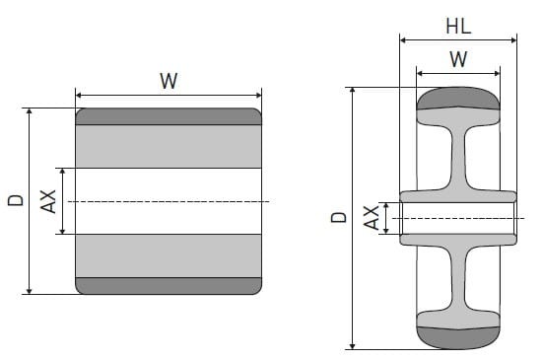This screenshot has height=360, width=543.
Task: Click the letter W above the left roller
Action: (x=169, y=81)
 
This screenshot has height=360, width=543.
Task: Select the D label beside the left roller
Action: (x=15, y=200)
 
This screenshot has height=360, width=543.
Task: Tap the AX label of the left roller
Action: (x=46, y=201)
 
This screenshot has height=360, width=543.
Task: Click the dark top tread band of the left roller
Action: (x=169, y=116)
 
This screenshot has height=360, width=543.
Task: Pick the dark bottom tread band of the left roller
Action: (x=169, y=286)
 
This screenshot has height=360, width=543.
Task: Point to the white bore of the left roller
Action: (x=169, y=201)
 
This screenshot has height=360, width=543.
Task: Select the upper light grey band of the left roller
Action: (x=169, y=146)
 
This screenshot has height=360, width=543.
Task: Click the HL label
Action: (x=457, y=24)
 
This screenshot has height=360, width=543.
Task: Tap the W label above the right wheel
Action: (x=457, y=59)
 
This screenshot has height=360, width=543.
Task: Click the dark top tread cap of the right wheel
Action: (x=457, y=100)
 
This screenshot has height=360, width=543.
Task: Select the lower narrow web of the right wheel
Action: (x=457, y=278)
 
